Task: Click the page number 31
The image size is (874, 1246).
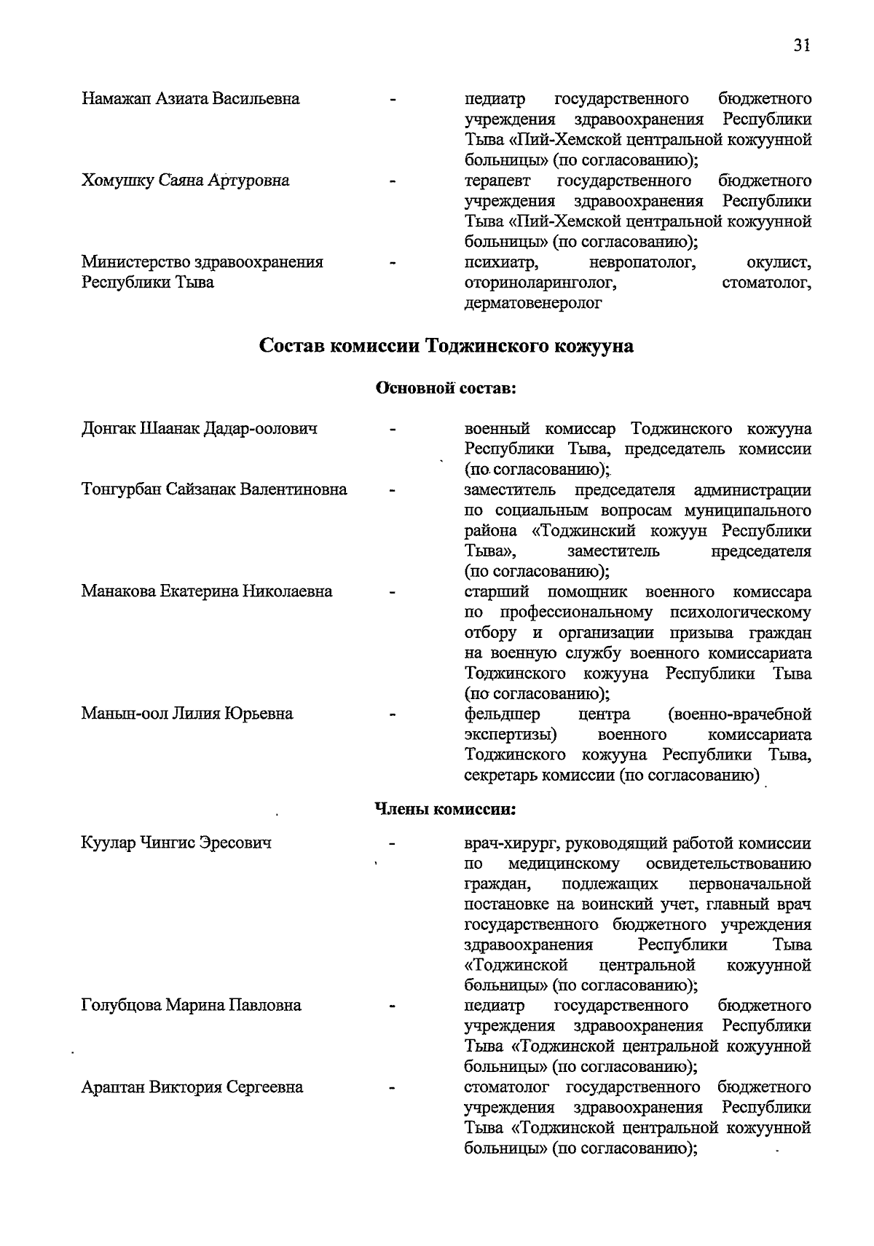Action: pyautogui.click(x=802, y=45)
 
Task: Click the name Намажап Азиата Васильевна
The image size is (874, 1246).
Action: pyautogui.click(x=190, y=98)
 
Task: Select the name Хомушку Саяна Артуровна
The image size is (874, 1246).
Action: pyautogui.click(x=185, y=181)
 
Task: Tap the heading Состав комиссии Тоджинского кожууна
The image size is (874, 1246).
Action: pyautogui.click(x=446, y=346)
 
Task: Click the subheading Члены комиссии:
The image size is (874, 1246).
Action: pyautogui.click(x=446, y=808)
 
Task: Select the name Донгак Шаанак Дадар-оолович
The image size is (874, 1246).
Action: pyautogui.click(x=199, y=428)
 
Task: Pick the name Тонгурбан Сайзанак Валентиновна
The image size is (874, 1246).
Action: pyautogui.click(x=214, y=489)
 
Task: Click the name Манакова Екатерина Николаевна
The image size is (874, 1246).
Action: pyautogui.click(x=207, y=591)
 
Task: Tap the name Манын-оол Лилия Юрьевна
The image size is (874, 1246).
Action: pyautogui.click(x=187, y=714)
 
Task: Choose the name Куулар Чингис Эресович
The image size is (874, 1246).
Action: pyautogui.click(x=176, y=843)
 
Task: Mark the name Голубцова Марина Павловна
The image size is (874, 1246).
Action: pyautogui.click(x=191, y=1006)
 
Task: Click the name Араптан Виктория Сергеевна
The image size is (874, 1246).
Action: pyautogui.click(x=192, y=1087)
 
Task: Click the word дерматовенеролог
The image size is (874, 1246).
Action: pyautogui.click(x=533, y=304)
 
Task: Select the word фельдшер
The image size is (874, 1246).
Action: pyautogui.click(x=503, y=714)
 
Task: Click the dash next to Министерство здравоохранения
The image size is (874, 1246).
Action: pyautogui.click(x=393, y=262)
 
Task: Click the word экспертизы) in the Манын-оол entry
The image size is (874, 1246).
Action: pyautogui.click(x=511, y=734)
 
